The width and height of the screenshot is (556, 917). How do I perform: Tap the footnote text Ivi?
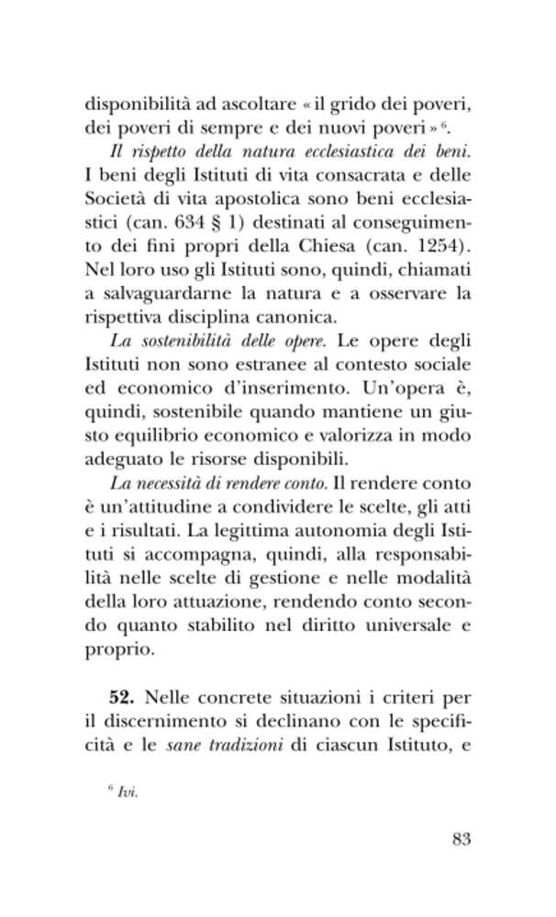tap(128, 793)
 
